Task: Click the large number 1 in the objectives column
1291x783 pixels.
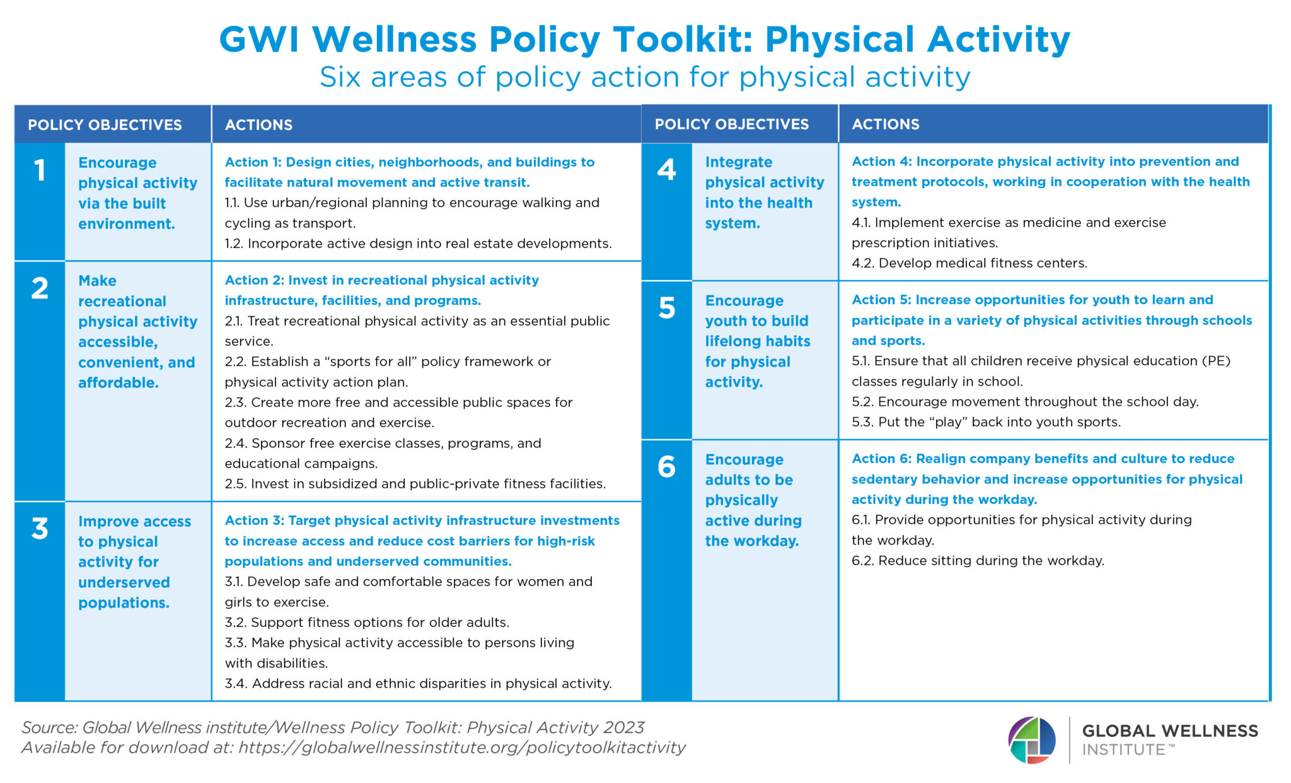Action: pos(40,171)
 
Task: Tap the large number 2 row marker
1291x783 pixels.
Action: pos(40,288)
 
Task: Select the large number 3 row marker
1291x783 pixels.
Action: pos(40,529)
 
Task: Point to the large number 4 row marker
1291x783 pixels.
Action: pos(666,170)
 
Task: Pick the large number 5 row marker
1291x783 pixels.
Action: pos(666,309)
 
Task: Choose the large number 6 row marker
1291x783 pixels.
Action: pos(666,468)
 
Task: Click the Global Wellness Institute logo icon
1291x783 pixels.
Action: pos(1031,740)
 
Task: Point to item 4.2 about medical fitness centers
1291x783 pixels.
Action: pos(970,263)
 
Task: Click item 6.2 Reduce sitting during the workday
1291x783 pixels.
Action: pos(978,561)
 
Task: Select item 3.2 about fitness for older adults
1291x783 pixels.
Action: pos(367,623)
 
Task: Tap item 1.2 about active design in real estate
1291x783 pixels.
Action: pos(418,244)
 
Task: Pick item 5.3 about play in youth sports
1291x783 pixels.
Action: pos(986,422)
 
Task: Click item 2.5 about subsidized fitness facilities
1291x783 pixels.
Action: pos(415,484)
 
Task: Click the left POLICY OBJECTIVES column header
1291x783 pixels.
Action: pos(105,125)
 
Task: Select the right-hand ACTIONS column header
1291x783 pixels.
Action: pos(886,124)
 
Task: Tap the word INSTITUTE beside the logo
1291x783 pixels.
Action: pos(1123,750)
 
